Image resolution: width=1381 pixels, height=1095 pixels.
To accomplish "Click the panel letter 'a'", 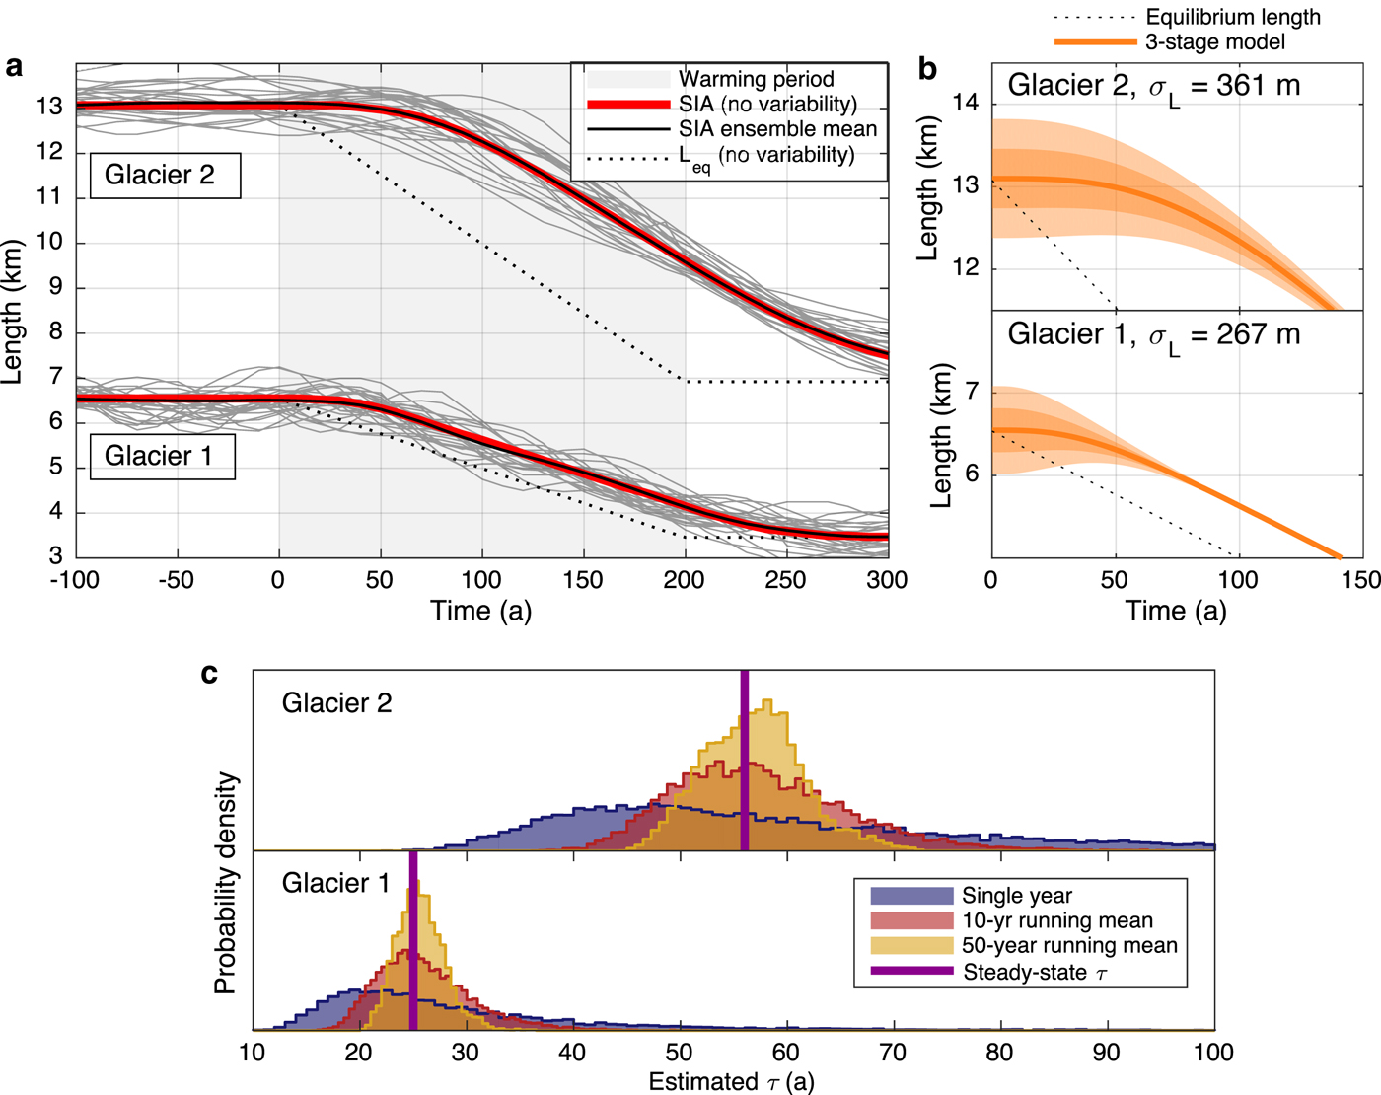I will click(14, 67).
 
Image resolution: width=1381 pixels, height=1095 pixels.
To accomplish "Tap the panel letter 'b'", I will click(927, 68).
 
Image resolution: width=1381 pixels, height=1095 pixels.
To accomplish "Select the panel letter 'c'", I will click(209, 674).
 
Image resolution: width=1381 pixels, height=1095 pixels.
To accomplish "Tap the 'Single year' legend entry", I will click(1016, 896).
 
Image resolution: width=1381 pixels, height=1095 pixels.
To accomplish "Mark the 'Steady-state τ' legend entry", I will click(1035, 973).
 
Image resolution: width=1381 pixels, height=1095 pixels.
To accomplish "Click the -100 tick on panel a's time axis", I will click(75, 580).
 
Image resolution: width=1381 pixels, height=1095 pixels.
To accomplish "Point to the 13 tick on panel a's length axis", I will click(49, 107).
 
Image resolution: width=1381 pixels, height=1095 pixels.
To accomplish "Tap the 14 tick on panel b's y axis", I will click(967, 104).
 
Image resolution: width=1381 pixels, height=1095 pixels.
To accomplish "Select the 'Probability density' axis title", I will click(226, 882).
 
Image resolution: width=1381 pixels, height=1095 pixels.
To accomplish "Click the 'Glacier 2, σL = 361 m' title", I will click(1153, 87).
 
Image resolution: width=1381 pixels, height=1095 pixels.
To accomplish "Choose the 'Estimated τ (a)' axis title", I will click(731, 1082).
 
